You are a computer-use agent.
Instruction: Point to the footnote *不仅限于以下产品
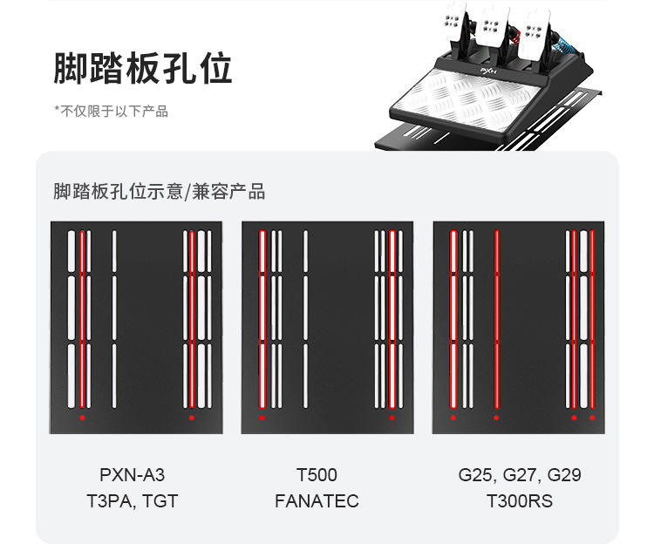pos(111,111)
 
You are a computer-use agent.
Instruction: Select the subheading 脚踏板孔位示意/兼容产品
pos(159,192)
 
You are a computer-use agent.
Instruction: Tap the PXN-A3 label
pos(133,475)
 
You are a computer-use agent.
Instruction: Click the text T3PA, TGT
pos(133,501)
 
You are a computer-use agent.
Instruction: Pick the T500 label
pos(317,475)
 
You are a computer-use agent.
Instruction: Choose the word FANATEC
pos(317,501)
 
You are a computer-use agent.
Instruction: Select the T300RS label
pos(520,501)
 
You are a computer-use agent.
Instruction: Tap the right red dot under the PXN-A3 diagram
pos(192,418)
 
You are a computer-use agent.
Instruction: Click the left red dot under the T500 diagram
pos(262,418)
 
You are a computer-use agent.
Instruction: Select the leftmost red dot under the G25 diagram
pos(453,418)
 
